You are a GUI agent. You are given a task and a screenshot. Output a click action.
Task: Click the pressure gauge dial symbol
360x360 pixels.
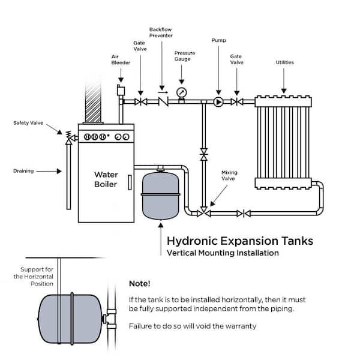coord(182,92)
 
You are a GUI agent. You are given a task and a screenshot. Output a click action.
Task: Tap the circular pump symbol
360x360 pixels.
coord(218,102)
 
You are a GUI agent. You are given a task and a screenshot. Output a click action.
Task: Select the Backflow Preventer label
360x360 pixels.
coord(162,32)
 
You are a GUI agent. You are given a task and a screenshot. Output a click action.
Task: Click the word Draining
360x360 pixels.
coord(23,171)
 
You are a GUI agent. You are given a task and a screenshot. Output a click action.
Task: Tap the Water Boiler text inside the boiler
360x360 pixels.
coord(105,179)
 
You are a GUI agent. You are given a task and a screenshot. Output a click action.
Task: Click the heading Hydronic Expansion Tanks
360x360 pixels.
coord(239,241)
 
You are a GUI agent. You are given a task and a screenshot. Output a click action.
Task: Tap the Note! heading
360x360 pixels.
coord(140,283)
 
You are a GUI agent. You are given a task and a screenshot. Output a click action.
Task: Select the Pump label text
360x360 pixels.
coord(218,40)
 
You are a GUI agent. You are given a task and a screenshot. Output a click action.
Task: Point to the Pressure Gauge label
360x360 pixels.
coord(184,56)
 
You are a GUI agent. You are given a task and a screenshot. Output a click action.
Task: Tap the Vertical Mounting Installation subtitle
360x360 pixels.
coord(222,253)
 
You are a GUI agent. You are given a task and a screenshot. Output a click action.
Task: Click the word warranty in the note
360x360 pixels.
coord(239,326)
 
